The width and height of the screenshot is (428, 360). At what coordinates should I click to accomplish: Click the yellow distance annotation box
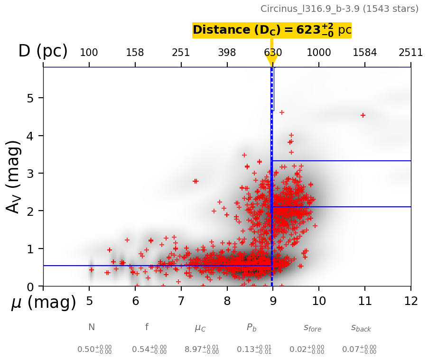point(272,30)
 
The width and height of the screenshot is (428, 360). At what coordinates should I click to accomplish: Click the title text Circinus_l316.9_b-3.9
point(339,9)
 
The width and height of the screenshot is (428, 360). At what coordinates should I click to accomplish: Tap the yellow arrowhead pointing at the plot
point(272,61)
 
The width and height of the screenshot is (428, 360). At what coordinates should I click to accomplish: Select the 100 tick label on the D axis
point(89,53)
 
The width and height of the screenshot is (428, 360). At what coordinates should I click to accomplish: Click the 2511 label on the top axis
point(410,53)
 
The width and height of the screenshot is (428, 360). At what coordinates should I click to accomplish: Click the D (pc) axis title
point(43,51)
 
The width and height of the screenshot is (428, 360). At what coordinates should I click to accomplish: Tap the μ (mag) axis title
point(44,303)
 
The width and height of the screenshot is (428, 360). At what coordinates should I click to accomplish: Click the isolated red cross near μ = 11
point(363,115)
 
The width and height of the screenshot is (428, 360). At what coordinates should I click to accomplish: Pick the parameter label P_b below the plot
point(251,327)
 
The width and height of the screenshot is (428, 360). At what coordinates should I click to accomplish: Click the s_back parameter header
point(361,328)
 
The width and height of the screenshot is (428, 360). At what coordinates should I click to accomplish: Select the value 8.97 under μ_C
point(202,350)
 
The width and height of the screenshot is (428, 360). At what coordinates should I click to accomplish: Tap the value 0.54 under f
point(149,350)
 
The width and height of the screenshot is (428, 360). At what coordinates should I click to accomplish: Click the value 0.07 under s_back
point(359,350)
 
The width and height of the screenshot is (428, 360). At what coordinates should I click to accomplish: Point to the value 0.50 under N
point(94,350)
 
